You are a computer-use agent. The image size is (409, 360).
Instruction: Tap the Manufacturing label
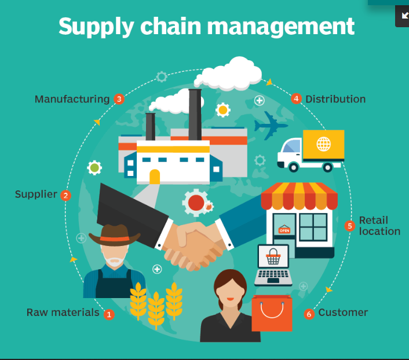tap(72, 99)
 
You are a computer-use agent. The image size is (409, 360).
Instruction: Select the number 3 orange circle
tap(119, 99)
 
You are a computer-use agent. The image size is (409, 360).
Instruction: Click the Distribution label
tap(335, 99)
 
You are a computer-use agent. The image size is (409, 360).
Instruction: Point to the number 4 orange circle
tap(296, 99)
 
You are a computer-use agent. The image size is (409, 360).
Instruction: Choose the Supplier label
tap(36, 194)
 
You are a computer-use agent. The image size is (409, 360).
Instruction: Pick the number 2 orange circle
tap(65, 196)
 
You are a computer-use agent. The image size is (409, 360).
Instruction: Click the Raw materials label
tap(63, 313)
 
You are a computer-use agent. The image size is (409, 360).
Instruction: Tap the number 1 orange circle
tap(109, 314)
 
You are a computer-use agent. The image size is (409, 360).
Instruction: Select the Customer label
tap(343, 313)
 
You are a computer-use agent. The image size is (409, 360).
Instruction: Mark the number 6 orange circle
tap(309, 314)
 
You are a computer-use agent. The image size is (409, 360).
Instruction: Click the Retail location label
tap(379, 226)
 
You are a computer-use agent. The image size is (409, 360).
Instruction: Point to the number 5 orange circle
tap(349, 226)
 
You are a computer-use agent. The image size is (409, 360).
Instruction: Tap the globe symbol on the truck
tap(323, 143)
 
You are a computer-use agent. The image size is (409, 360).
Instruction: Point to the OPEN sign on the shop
tap(284, 230)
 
